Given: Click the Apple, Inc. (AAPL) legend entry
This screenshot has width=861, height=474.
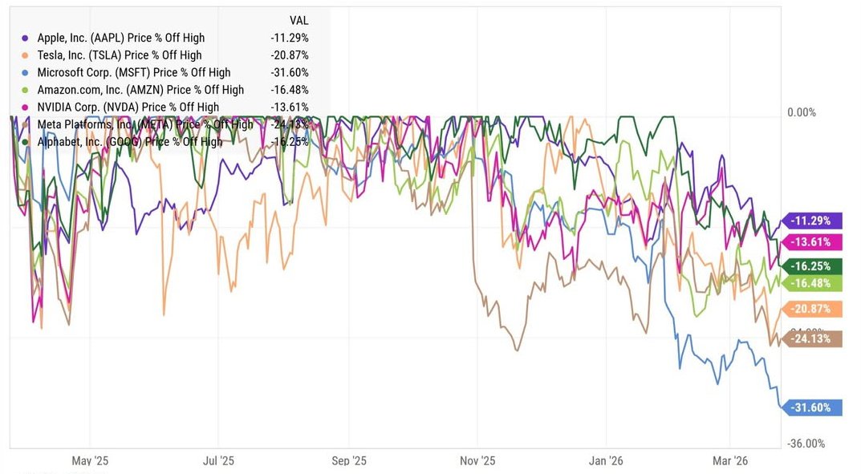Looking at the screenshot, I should tap(120, 38).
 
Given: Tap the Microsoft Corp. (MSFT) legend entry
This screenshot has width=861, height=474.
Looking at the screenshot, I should tap(133, 73).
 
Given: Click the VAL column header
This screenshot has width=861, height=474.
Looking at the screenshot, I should tap(299, 20).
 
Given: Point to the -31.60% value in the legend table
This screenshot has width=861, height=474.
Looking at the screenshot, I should tap(290, 73).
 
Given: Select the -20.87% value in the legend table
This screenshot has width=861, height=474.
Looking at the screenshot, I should tap(290, 55).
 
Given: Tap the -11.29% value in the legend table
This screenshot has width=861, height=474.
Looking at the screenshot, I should tap(290, 38).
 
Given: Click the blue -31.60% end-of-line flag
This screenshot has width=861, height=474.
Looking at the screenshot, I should tap(813, 407).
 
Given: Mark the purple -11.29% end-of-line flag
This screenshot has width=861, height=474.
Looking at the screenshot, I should tap(813, 221).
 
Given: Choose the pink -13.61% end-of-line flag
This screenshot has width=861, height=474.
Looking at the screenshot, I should tap(813, 242).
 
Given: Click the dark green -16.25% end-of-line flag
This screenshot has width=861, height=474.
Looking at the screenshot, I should tap(813, 266).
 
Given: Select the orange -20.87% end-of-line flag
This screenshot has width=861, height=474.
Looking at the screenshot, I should tap(813, 310).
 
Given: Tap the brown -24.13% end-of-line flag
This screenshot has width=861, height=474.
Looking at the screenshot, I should tap(813, 339).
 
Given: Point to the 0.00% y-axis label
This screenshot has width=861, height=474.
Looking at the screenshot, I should tap(801, 112).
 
